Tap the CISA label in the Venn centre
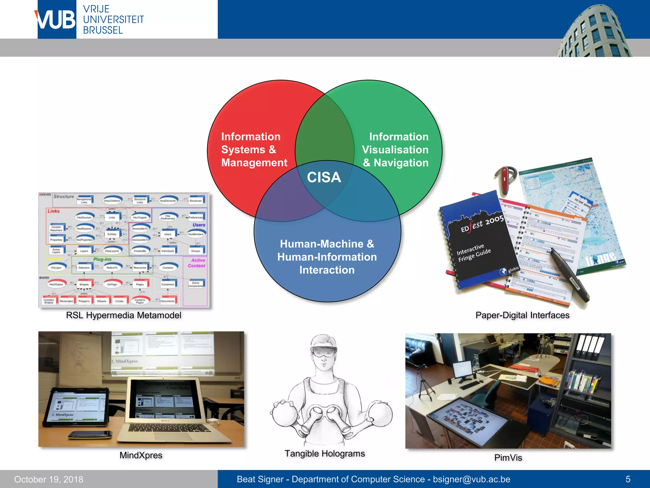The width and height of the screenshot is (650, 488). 324,177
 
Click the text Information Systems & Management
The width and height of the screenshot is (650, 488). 254,150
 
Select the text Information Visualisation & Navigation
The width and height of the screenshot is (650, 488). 395,150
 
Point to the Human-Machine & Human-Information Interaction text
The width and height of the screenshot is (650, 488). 327,257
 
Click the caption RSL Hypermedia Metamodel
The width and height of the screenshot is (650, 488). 123,315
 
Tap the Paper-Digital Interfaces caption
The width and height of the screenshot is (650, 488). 522,315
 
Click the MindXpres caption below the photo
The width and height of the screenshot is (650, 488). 141,455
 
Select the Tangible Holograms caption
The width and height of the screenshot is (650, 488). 325,453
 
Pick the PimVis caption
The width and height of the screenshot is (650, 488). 508,457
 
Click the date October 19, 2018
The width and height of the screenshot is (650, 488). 49,479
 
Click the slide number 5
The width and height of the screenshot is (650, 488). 628,479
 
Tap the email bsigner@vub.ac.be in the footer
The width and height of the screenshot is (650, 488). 472,479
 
